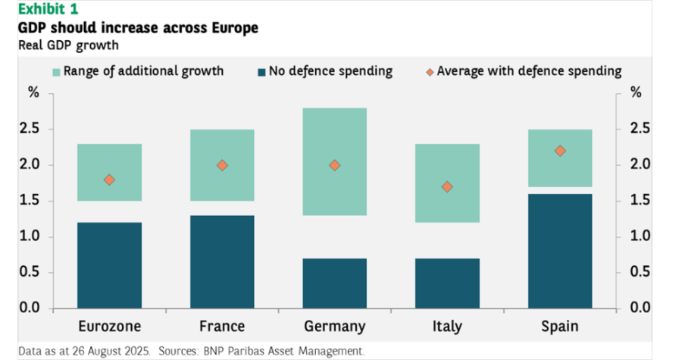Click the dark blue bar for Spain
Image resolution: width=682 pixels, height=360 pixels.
click(x=560, y=251)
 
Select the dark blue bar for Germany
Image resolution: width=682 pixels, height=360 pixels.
click(x=335, y=283)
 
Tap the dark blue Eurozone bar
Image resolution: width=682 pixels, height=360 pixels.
click(x=109, y=265)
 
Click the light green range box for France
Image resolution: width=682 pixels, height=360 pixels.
click(x=222, y=144)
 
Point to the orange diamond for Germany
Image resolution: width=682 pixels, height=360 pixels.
click(x=335, y=165)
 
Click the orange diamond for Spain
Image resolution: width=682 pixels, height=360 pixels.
click(x=560, y=151)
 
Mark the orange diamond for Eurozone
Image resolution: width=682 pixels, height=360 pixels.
click(x=109, y=180)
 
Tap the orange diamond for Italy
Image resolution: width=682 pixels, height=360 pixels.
click(x=447, y=186)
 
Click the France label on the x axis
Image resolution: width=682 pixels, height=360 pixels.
click(x=222, y=327)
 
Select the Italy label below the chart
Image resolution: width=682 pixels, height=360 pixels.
click(x=447, y=327)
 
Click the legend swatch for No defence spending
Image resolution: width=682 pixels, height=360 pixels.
click(x=262, y=72)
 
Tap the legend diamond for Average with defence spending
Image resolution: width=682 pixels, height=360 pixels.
click(x=430, y=72)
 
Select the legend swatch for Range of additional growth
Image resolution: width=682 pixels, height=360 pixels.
click(x=56, y=72)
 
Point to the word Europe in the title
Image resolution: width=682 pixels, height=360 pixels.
click(x=233, y=28)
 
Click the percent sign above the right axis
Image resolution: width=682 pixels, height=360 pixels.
click(x=636, y=93)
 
